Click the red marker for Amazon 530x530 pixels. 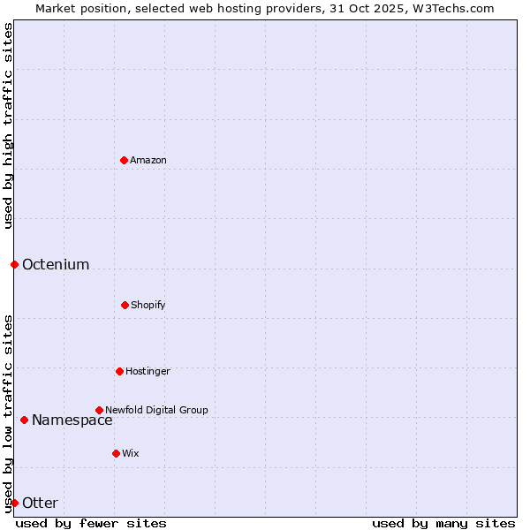(x=124, y=160)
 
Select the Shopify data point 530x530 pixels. (x=125, y=305)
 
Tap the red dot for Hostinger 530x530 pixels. (x=119, y=371)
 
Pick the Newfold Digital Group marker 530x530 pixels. (x=99, y=410)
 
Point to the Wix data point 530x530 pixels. (x=116, y=453)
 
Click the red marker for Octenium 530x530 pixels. (x=14, y=264)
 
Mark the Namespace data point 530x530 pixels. (x=24, y=420)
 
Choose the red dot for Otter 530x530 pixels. (x=14, y=503)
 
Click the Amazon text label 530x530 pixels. (x=148, y=160)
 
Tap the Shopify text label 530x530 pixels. (x=148, y=305)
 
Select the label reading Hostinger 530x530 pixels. (x=148, y=371)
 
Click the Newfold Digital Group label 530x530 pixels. (x=156, y=410)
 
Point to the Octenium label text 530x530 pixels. (x=56, y=264)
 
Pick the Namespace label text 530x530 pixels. (x=72, y=420)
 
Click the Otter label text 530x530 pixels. (x=40, y=503)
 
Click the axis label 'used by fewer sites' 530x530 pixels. (x=91, y=523)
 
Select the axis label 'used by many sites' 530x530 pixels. (x=443, y=523)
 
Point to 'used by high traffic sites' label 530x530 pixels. (x=8, y=125)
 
